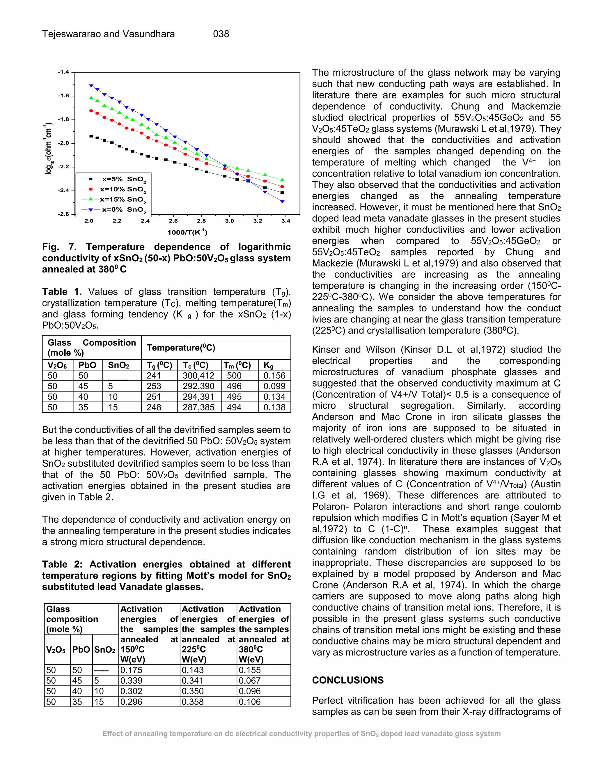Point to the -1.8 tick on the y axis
pos(64,119)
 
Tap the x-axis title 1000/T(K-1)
pos(187,232)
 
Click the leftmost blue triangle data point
pos(91,86)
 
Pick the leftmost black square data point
pos(91,136)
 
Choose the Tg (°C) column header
pos(159,365)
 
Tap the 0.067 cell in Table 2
pos(250,681)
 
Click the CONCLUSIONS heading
pos(347,680)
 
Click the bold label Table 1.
pos(62,292)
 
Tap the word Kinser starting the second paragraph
pos(325,350)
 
